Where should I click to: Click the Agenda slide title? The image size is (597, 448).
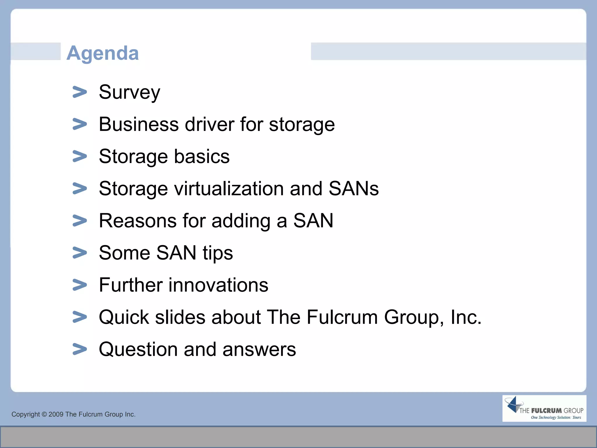coord(103,53)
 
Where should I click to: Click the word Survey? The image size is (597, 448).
coord(129,92)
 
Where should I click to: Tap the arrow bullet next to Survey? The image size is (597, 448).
coord(80,92)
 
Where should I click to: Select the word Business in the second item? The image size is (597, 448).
coord(138,124)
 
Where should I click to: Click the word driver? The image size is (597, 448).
coord(209,124)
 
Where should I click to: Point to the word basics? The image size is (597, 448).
coord(202,156)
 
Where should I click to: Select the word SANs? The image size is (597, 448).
coord(354,188)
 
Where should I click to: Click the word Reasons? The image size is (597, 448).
coord(138,220)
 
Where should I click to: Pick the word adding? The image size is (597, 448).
coord(241,221)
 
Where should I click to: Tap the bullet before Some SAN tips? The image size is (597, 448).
coord(80,253)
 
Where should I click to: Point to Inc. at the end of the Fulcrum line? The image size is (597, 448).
coord(466,317)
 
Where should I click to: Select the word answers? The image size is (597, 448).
coord(259,349)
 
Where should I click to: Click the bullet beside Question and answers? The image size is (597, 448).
coord(80,349)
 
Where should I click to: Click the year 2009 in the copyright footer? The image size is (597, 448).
coord(56,414)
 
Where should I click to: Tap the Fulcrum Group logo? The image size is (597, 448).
coord(544,408)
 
